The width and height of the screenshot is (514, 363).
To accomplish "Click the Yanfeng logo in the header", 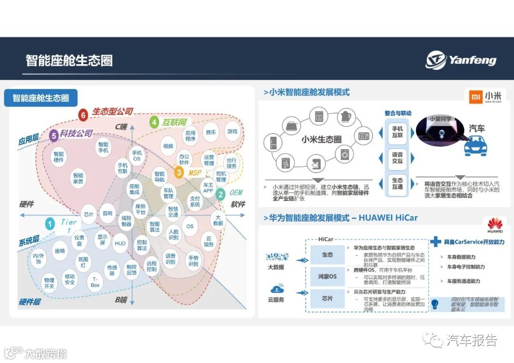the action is click(461, 60).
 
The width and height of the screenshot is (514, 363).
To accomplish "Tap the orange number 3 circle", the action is click(179, 172).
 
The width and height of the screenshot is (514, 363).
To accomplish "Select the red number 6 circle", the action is click(83, 115).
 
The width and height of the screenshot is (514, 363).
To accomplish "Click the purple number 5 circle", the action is click(54, 135).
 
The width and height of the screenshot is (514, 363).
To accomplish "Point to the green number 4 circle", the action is click(154, 123).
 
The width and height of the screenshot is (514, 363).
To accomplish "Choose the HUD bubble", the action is click(120, 243).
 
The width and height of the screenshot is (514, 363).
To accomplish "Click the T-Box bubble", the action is click(96, 282).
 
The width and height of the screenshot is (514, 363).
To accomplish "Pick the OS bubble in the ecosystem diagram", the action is click(190, 226).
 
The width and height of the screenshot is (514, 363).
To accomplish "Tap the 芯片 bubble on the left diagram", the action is click(89, 214).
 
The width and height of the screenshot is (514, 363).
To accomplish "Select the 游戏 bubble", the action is click(232, 132).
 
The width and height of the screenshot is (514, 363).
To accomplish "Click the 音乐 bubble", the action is click(210, 132).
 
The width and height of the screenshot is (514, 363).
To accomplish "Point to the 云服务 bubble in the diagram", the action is click(208, 241).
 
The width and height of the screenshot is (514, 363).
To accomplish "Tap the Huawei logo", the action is click(495, 223).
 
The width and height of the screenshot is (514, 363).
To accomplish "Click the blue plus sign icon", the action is click(435, 242).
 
